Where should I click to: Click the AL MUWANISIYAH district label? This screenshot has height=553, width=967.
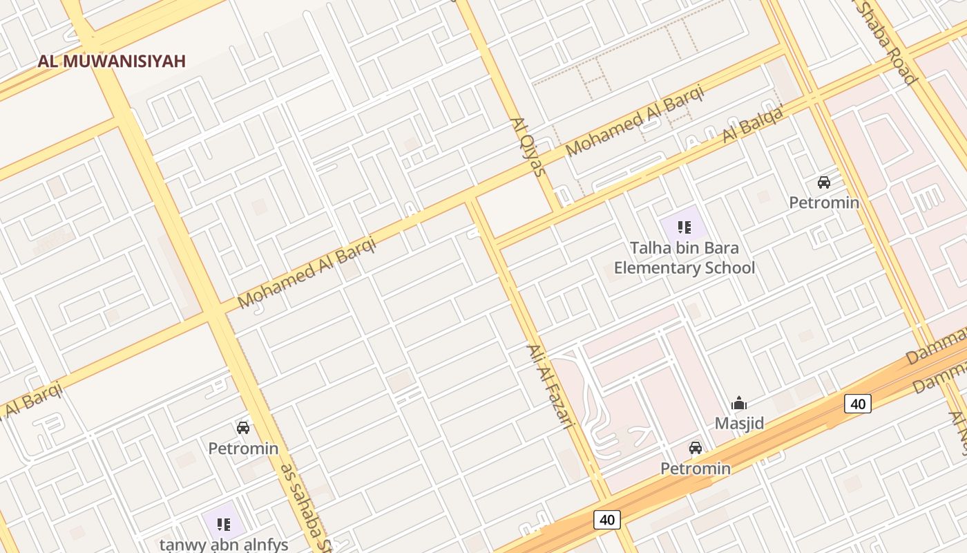coord(112,61)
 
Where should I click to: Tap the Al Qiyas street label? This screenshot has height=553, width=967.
coord(528,147)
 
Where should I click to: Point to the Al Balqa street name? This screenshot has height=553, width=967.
coord(754,124)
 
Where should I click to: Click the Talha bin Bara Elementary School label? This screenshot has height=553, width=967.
coord(684,258)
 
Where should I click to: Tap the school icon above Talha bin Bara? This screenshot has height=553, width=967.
coord(684,227)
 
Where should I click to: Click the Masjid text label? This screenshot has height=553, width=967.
coord(739,422)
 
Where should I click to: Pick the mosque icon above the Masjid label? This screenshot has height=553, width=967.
coord(739,403)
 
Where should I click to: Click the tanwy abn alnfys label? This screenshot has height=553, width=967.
coord(224,544)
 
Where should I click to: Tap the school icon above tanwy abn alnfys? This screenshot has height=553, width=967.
coord(223,524)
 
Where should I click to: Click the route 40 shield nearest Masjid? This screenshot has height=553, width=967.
coord(857,404)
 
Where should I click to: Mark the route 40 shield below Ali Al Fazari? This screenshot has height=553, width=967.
coord(606,519)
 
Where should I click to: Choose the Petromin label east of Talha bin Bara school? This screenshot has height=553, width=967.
coord(824,203)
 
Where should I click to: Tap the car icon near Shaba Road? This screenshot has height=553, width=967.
coord(824,182)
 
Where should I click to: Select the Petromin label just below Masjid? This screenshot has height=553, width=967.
coord(696,469)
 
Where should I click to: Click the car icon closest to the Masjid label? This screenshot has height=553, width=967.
coord(696,448)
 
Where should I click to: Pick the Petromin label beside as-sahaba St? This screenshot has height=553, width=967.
coord(243,449)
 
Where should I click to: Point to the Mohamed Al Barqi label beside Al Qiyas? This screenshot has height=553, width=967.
coord(634,120)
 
